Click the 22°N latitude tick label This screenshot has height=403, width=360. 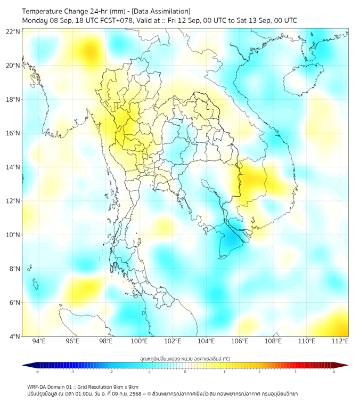coord(13,31)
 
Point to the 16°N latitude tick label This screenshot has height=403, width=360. coord(13,133)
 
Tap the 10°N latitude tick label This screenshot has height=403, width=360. coord(13,235)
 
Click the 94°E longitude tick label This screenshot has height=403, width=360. coord(39,341)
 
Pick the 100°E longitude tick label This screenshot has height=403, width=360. coord(140,341)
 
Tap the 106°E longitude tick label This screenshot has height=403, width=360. coord(240,341)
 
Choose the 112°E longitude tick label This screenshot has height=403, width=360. coord(340,341)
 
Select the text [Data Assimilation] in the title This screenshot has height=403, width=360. coord(160,11)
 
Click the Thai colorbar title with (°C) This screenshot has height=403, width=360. coord(185,358)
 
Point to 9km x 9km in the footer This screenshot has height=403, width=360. coord(126,386)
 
